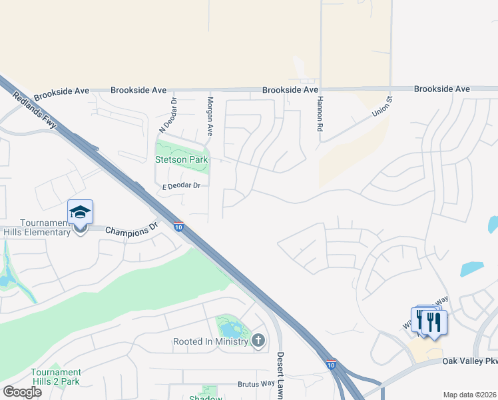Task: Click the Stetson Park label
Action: click(182, 159)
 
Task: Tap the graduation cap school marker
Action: click(80, 212)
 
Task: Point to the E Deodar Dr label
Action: click(181, 186)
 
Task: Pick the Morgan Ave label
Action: click(210, 116)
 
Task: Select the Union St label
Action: click(383, 109)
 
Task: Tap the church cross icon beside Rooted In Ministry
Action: click(258, 341)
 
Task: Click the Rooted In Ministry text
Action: click(210, 341)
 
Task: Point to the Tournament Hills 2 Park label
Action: click(56, 377)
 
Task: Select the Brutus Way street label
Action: click(256, 384)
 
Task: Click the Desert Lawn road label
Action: click(280, 375)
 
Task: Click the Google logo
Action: click(22, 392)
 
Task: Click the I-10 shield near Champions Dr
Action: click(178, 227)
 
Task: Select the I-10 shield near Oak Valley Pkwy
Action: click(331, 365)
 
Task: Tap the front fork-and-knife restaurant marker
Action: click(434, 323)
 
